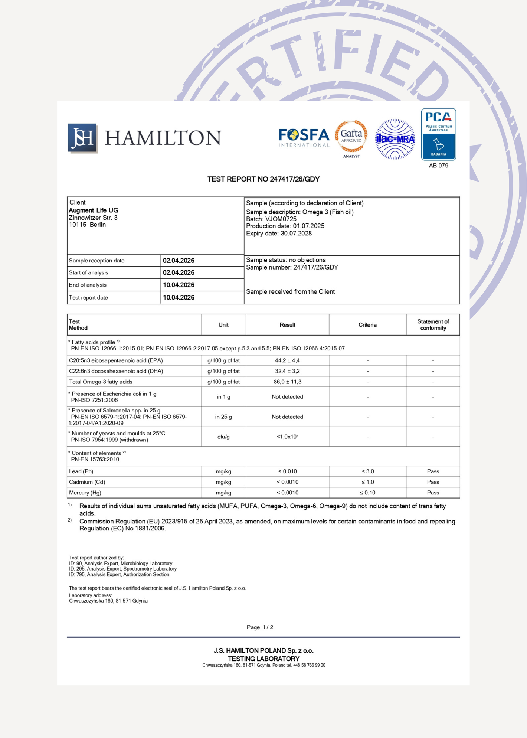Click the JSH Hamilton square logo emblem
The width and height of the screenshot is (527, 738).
83,138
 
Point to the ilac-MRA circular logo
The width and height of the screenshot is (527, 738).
395,139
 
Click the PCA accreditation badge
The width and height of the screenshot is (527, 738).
438,134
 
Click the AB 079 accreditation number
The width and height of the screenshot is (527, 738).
438,166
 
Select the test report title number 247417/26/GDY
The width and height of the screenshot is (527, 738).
294,179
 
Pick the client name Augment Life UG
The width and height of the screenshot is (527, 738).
94,210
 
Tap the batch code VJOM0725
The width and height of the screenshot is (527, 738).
281,219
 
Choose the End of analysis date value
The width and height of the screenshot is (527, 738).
179,285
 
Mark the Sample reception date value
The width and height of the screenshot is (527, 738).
179,261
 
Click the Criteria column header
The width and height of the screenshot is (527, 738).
367,325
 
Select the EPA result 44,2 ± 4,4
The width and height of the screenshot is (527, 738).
287,360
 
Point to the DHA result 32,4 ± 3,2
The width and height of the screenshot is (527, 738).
287,371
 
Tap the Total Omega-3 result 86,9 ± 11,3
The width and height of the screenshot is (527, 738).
287,382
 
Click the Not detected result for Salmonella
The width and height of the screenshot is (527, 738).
287,417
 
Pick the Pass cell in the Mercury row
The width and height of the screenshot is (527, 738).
433,493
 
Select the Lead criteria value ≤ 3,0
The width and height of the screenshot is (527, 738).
367,471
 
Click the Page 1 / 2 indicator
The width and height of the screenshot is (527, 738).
260,627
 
